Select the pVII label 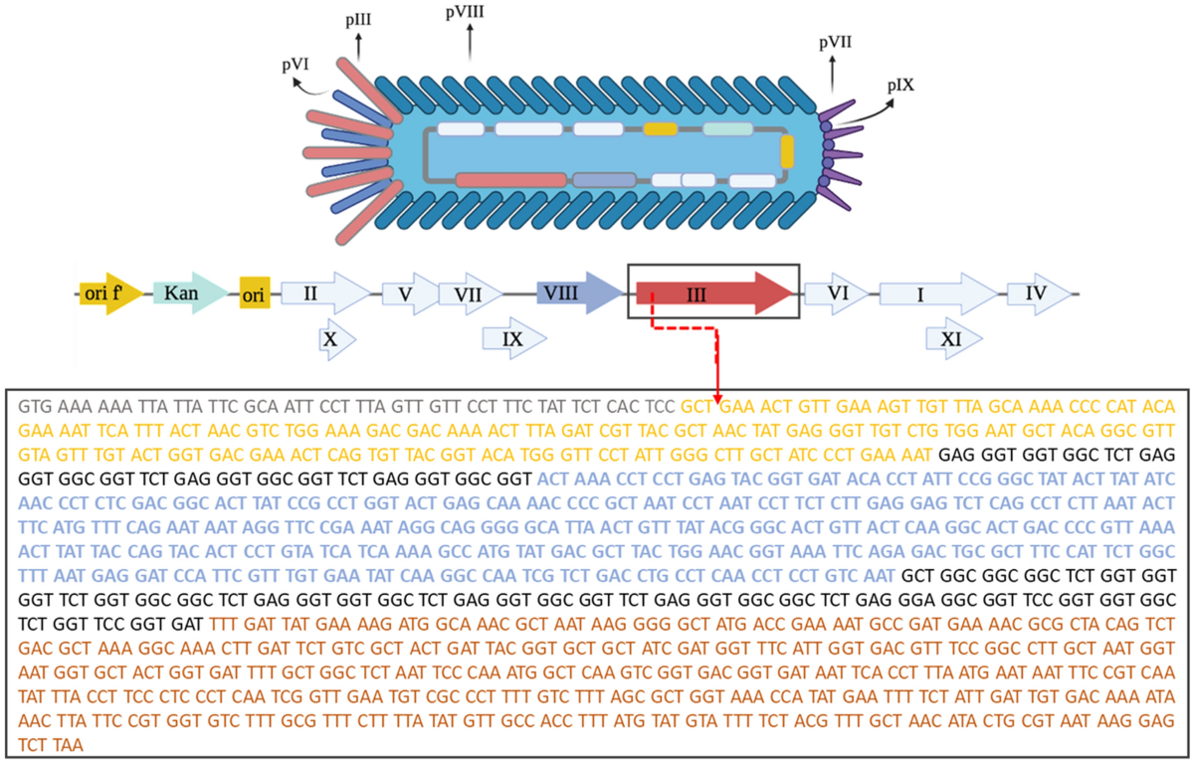tap(834, 43)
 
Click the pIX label tap(901, 87)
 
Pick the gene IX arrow tap(513, 339)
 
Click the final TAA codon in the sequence tap(70, 744)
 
